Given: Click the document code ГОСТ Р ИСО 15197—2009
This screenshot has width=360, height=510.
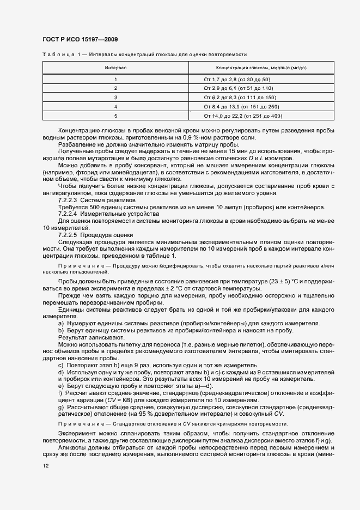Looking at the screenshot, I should click(x=80, y=40).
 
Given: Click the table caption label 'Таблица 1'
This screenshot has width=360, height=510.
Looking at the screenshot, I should click(x=62, y=54).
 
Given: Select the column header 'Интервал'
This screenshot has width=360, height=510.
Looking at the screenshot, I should click(x=115, y=68).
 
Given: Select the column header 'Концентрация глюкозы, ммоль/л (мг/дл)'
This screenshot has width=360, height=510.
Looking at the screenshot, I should click(x=261, y=68).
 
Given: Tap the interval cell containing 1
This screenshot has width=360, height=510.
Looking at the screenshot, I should click(x=115, y=80).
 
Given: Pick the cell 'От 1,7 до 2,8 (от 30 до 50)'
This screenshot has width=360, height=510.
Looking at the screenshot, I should click(x=237, y=80).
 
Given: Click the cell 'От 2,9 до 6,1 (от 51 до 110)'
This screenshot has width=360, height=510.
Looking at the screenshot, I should click(x=239, y=88).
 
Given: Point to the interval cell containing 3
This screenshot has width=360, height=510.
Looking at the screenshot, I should click(x=115, y=97).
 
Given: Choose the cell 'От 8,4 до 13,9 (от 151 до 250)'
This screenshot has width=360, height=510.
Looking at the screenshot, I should click(x=241, y=106).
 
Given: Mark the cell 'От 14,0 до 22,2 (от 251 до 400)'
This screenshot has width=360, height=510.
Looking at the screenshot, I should click(x=243, y=116).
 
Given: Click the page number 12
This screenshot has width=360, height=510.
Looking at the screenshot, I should click(x=45, y=466).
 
